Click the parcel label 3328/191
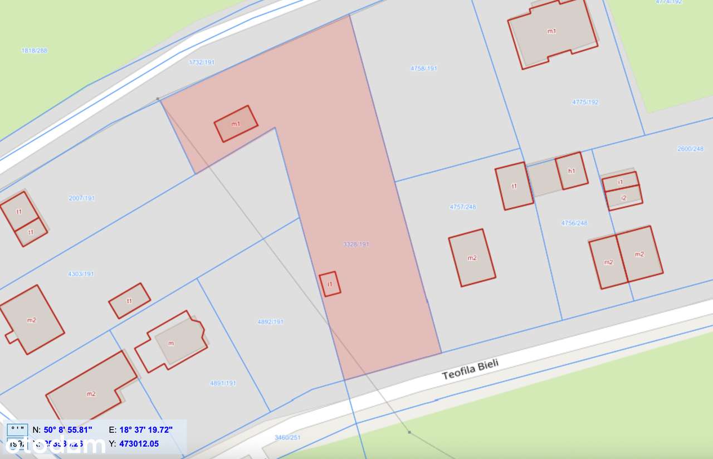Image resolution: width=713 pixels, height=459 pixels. click(x=356, y=244)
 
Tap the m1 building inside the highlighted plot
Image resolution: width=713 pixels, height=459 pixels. click(x=236, y=124)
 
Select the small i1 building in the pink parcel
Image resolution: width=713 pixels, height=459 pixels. click(x=330, y=284)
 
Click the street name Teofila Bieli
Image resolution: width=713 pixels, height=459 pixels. click(x=470, y=369)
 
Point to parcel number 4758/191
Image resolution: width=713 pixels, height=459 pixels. click(x=424, y=69)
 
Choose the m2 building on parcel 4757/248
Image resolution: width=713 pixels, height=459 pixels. click(x=472, y=257)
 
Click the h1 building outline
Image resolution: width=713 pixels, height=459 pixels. click(x=572, y=170)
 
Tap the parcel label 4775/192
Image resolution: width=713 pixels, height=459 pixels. click(x=585, y=102)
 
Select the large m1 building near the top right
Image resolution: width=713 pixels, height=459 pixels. click(x=551, y=31)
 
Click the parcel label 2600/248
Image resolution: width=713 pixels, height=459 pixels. click(x=690, y=149)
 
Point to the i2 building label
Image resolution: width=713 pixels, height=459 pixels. click(x=623, y=198)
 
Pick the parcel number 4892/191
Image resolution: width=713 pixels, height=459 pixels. click(x=271, y=321)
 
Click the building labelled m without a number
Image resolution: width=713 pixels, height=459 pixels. click(x=171, y=343)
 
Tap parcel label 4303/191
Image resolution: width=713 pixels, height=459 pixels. click(x=81, y=274)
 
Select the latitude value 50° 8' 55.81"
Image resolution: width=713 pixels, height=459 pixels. click(x=67, y=429)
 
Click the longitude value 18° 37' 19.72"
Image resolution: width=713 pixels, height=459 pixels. click(x=146, y=429)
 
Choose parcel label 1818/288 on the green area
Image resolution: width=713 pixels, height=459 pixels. click(x=35, y=50)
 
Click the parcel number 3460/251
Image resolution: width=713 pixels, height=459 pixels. click(x=287, y=437)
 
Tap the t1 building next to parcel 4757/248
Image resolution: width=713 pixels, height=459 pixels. click(x=514, y=186)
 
